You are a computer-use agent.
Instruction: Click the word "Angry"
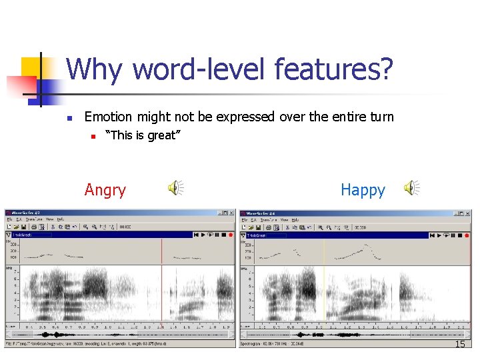pyautogui.click(x=105, y=190)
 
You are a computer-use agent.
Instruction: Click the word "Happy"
pyautogui.click(x=363, y=190)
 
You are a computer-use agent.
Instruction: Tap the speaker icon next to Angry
pyautogui.click(x=175, y=189)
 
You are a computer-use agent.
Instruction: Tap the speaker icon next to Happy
pyautogui.click(x=413, y=189)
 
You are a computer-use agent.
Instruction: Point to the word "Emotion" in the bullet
pyautogui.click(x=108, y=117)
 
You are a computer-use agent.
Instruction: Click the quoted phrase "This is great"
pyautogui.click(x=143, y=135)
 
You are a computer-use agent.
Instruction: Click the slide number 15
pyautogui.click(x=459, y=344)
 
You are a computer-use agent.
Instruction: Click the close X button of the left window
pyautogui.click(x=232, y=213)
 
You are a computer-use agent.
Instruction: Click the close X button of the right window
pyautogui.click(x=467, y=213)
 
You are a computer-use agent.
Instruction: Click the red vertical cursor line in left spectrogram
pyautogui.click(x=161, y=287)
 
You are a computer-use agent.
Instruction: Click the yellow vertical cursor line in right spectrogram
pyautogui.click(x=324, y=287)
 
